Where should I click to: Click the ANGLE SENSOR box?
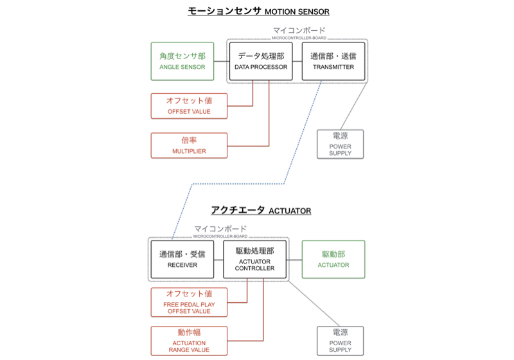(182, 61)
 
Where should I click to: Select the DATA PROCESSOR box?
(256, 61)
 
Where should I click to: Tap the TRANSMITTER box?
(333, 61)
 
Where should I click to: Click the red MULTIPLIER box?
(189, 145)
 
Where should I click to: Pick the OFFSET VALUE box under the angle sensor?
(189, 106)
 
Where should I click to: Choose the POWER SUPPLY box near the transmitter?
(340, 144)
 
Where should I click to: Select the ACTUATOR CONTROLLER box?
(254, 259)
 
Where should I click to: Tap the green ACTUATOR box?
(333, 259)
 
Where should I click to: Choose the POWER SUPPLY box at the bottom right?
(340, 341)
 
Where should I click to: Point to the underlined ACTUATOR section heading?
(261, 210)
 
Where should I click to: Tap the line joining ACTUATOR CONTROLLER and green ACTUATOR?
(294, 259)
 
